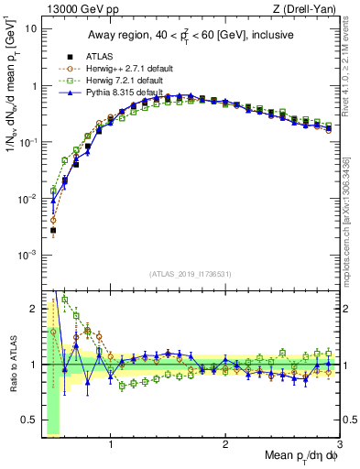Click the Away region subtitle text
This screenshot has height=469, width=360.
tap(190, 36)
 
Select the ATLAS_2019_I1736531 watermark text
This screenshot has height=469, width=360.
tap(190, 274)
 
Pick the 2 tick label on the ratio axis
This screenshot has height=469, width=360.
tap(34, 307)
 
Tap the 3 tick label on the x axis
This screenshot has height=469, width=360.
tap(339, 442)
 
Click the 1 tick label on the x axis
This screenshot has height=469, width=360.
tap(111, 442)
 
